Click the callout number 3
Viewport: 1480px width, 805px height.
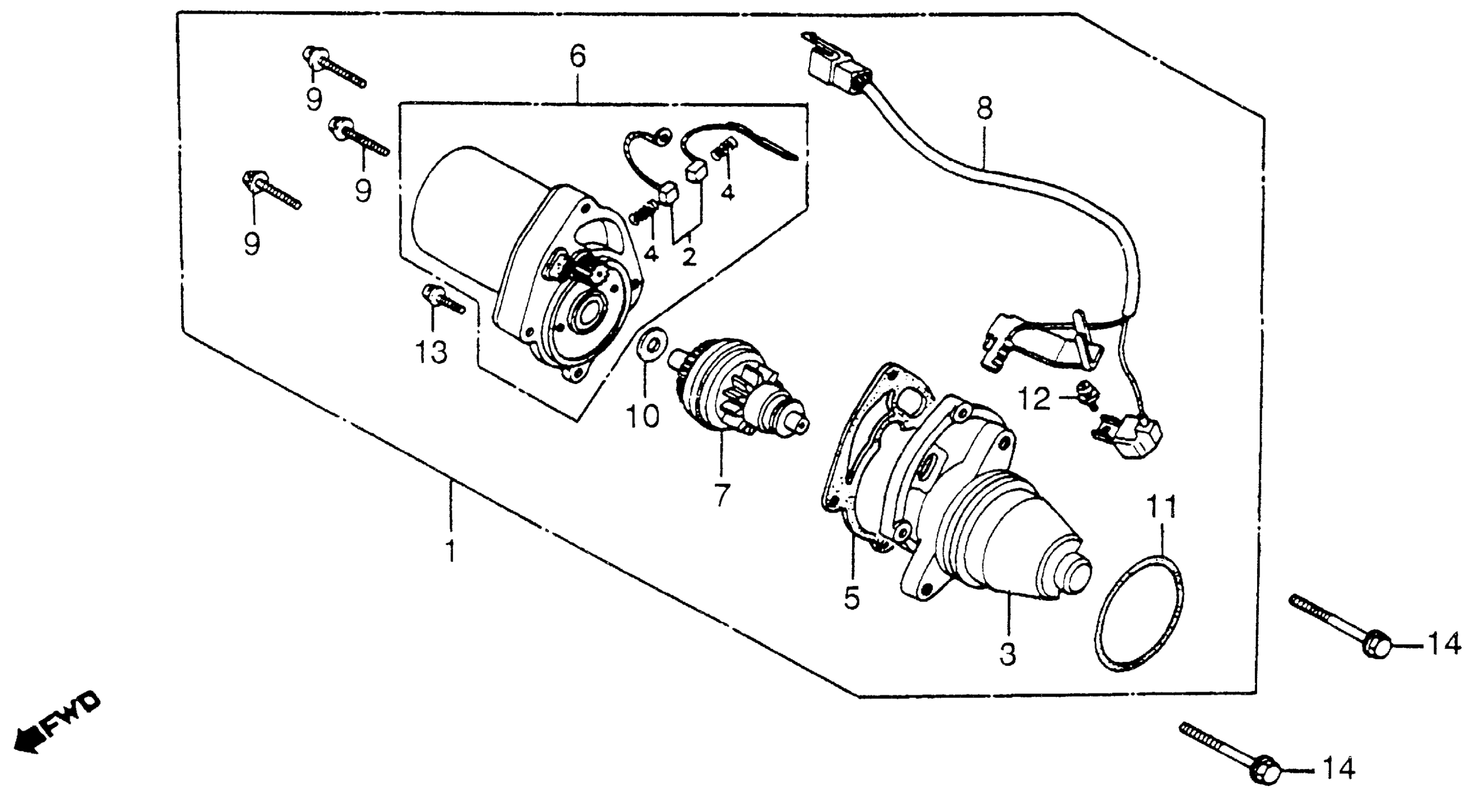pyautogui.click(x=1008, y=654)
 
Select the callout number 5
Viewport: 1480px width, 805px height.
pyautogui.click(x=852, y=598)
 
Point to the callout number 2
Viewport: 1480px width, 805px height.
pyautogui.click(x=689, y=257)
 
